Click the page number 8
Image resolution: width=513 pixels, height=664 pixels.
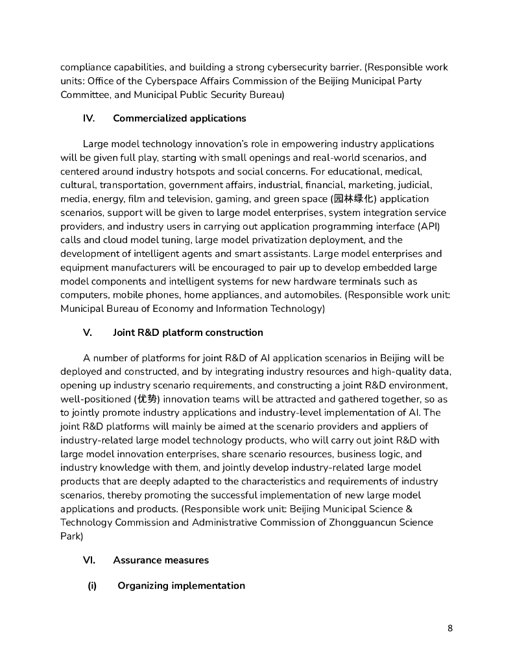tap(450, 628)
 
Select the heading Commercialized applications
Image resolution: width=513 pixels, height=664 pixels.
tap(180, 118)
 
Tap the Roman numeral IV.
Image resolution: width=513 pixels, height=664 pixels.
tap(89, 118)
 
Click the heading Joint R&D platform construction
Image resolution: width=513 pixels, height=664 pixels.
tap(188, 333)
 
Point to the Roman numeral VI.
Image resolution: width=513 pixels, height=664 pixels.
tap(89, 560)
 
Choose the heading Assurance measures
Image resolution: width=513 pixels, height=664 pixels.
tap(161, 560)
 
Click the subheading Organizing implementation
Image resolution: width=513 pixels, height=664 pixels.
tap(181, 586)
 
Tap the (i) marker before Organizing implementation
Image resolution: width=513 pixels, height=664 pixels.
tap(92, 586)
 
